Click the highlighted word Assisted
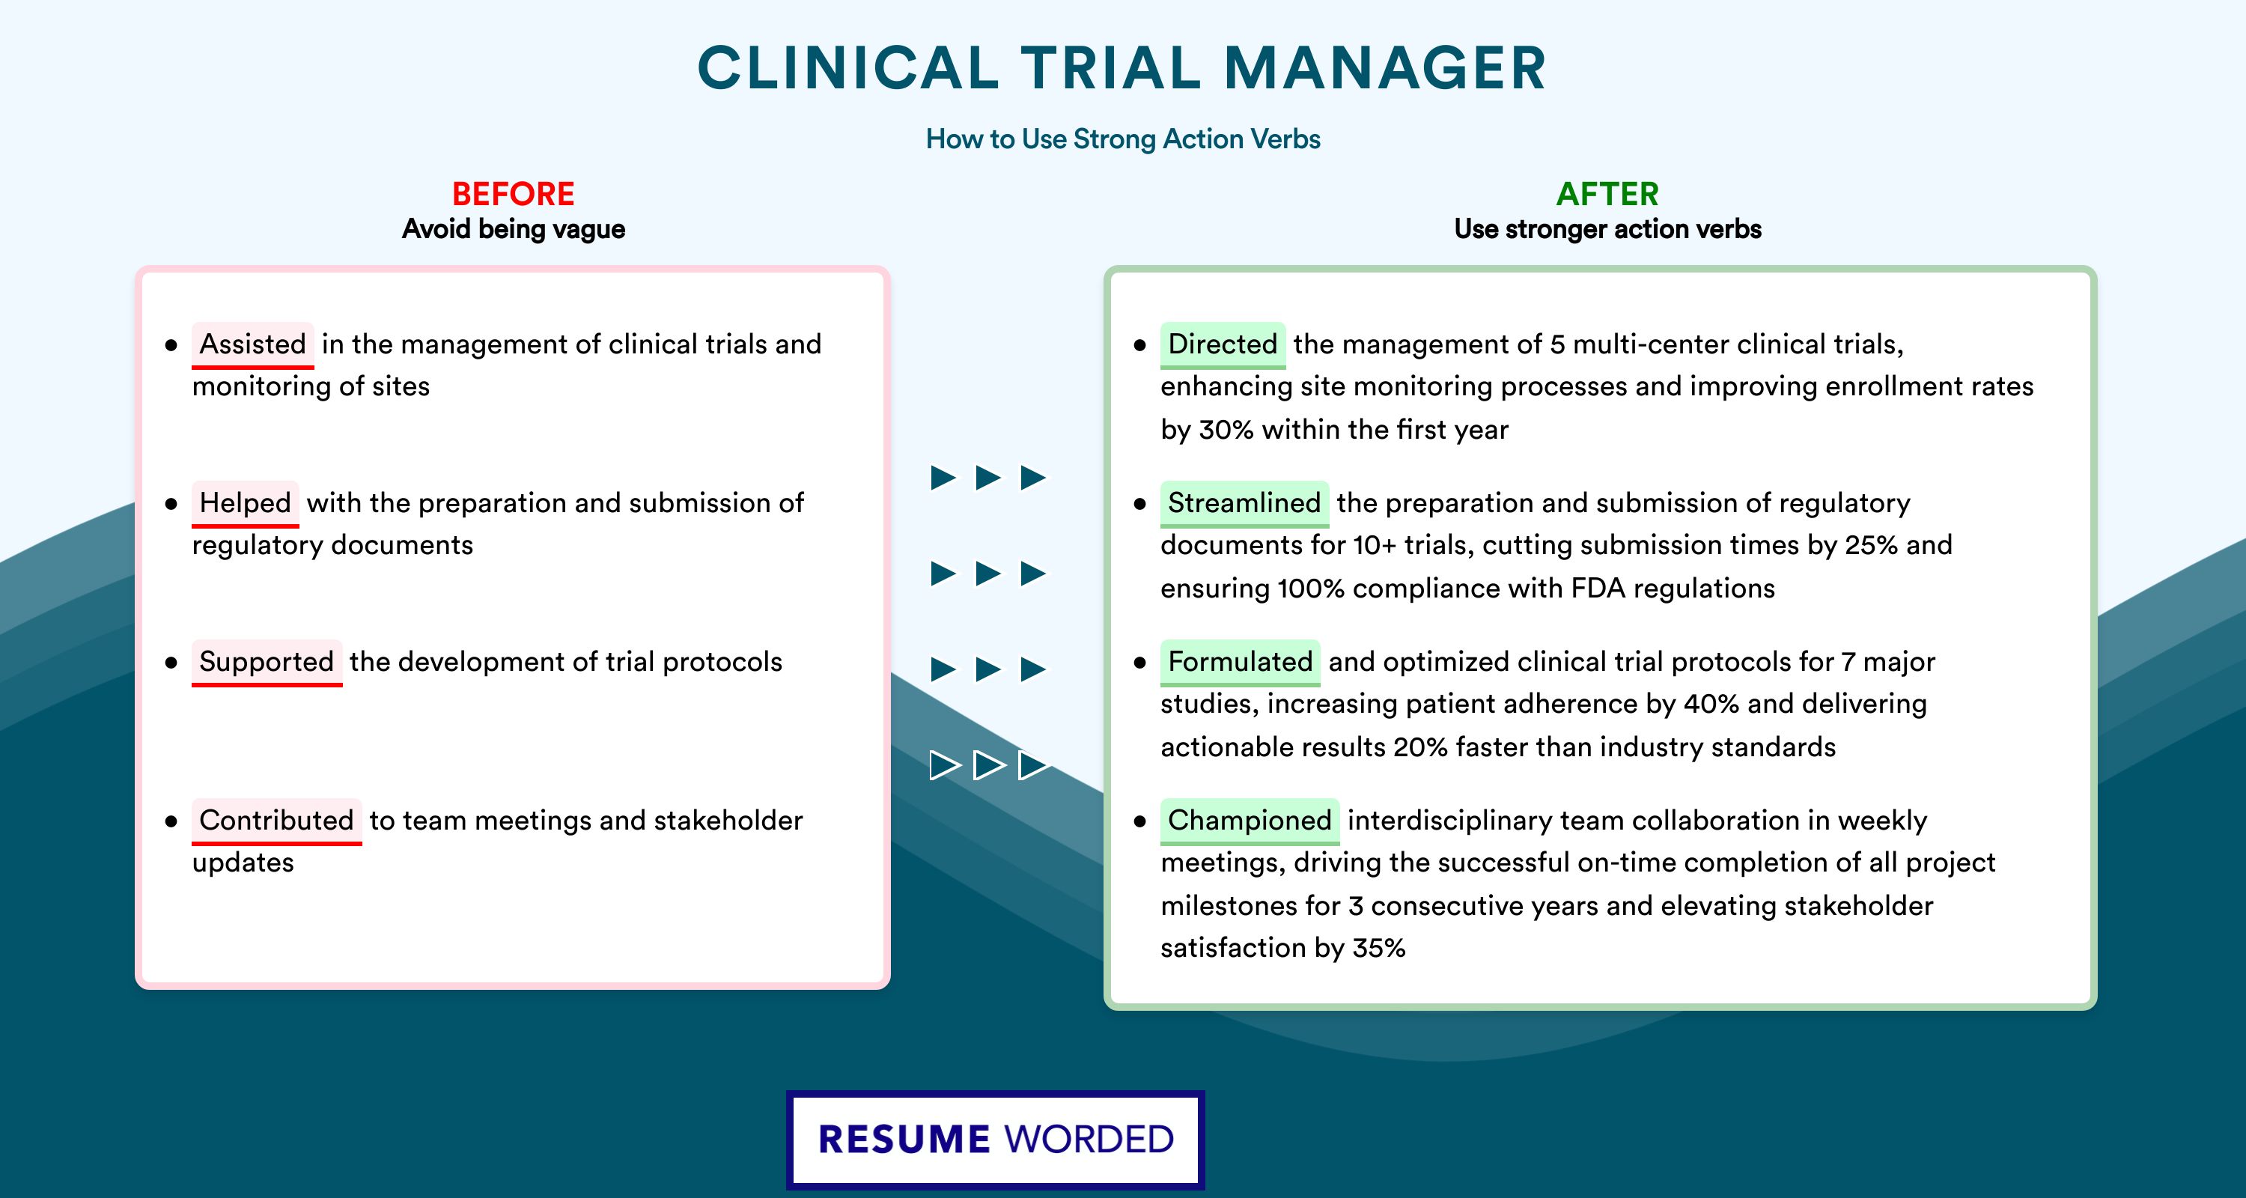pyautogui.click(x=253, y=344)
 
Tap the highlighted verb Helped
pyautogui.click(x=245, y=503)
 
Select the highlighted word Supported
pyautogui.click(x=267, y=662)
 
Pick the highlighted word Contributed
pyautogui.click(x=276, y=821)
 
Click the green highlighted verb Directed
pyautogui.click(x=1223, y=344)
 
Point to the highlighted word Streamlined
pyautogui.click(x=1244, y=503)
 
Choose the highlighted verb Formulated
pyautogui.click(x=1240, y=662)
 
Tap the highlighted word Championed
pyautogui.click(x=1250, y=821)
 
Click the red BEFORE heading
pyautogui.click(x=514, y=194)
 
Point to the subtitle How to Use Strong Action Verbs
pyautogui.click(x=1123, y=139)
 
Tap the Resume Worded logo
pyautogui.click(x=996, y=1140)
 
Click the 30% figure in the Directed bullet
pyautogui.click(x=1226, y=430)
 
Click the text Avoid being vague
pyautogui.click(x=514, y=229)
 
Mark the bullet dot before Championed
pyautogui.click(x=1139, y=821)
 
